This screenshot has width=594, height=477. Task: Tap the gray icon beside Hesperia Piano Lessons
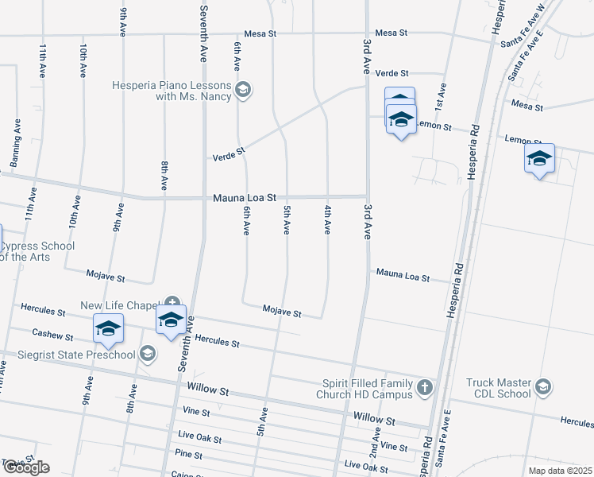[244, 90]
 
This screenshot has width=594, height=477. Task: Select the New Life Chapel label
[121, 305]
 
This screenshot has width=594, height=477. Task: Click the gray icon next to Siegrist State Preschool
[148, 354]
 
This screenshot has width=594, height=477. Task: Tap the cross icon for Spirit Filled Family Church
[425, 388]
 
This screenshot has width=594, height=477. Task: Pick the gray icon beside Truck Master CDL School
[543, 387]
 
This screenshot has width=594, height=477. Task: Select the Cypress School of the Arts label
[37, 251]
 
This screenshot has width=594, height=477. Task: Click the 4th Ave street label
[326, 219]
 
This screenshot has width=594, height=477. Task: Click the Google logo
[26, 467]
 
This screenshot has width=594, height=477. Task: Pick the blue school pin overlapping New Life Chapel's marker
[171, 320]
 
